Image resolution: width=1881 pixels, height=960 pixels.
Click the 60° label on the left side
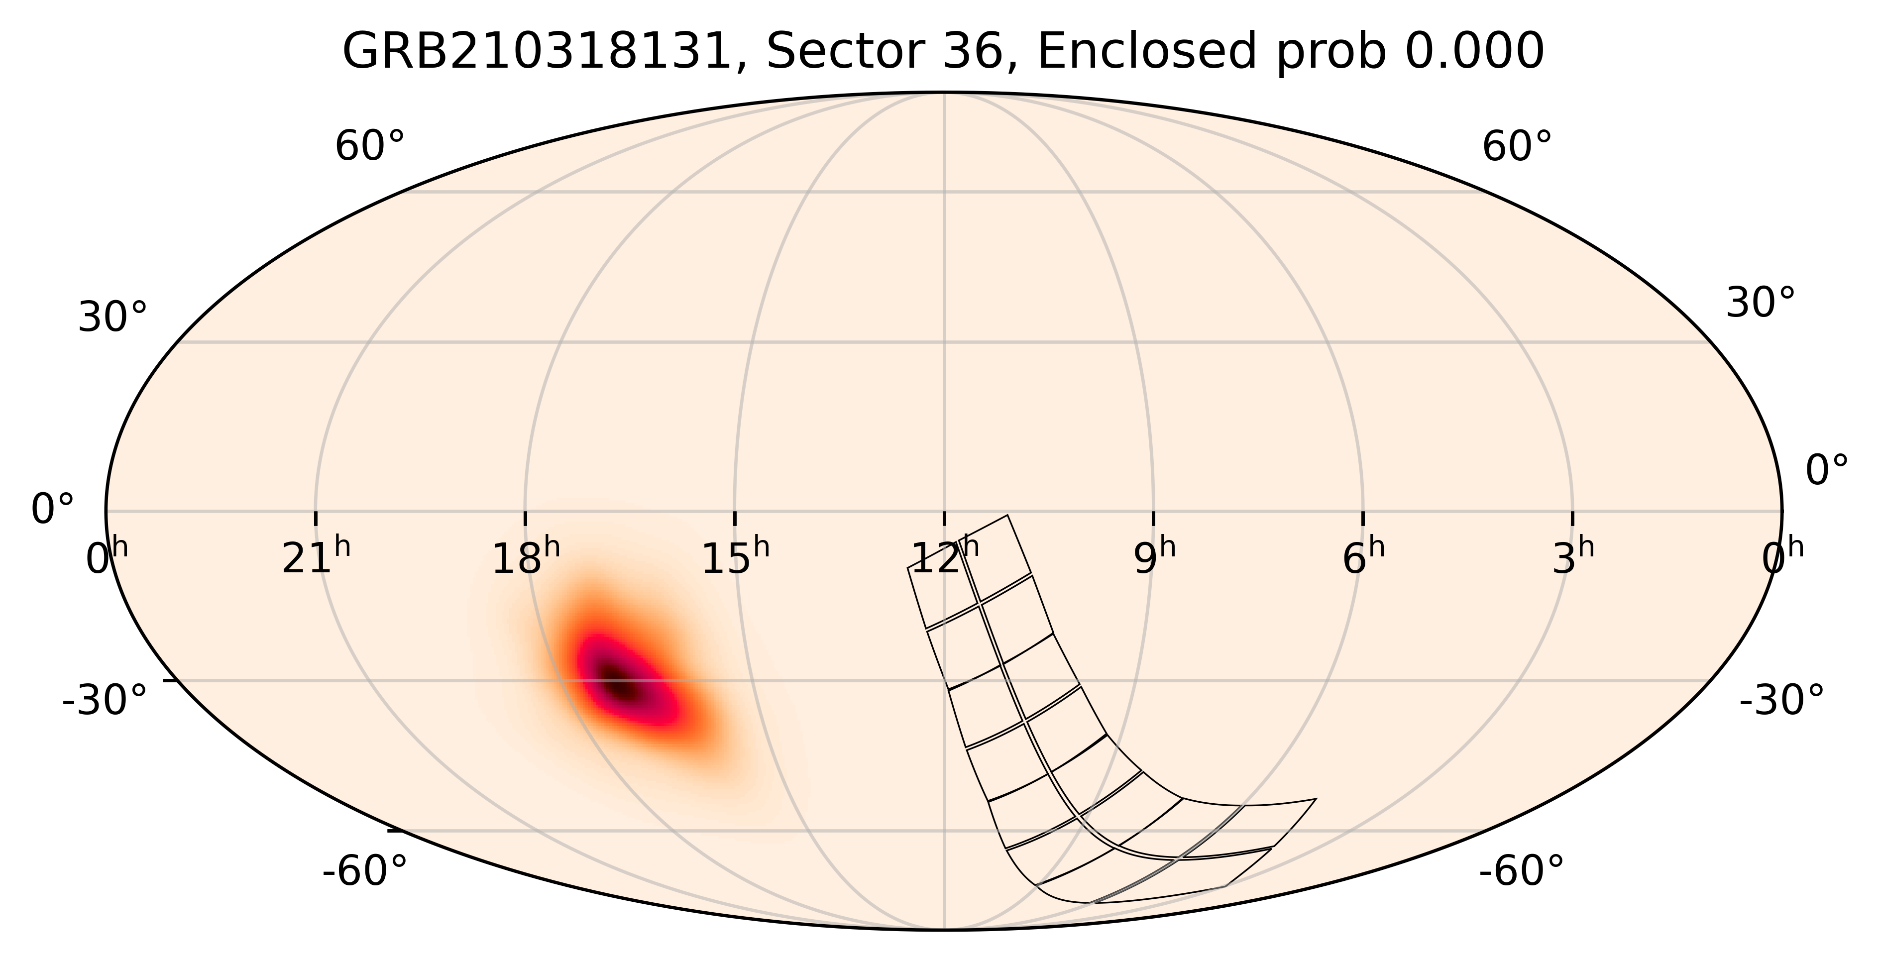coord(369,147)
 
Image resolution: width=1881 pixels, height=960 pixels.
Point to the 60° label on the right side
coord(1517,147)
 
